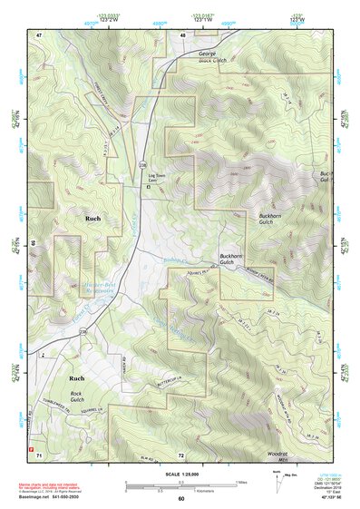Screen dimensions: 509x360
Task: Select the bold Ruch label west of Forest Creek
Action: click(92, 219)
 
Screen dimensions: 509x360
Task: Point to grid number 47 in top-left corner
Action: click(39, 34)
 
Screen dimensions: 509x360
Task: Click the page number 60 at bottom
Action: click(180, 499)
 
